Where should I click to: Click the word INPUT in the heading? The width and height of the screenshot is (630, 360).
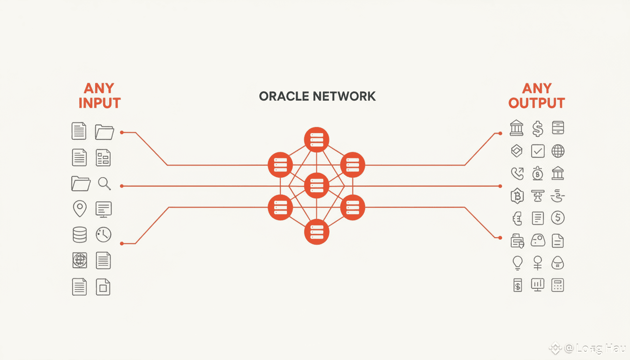(x=99, y=103)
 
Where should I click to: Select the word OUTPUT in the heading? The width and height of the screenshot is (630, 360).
(x=537, y=103)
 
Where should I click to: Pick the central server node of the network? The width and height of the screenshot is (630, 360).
(x=317, y=186)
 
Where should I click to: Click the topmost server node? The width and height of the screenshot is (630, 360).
(x=317, y=140)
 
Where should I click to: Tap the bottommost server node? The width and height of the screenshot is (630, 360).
(x=317, y=232)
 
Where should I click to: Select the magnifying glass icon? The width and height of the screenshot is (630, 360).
(x=104, y=183)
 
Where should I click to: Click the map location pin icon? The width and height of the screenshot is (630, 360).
(x=80, y=209)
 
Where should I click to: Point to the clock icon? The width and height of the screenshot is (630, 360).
(x=103, y=234)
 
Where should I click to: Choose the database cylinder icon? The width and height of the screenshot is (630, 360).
(x=80, y=234)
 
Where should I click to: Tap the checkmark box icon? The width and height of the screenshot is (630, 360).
(x=538, y=151)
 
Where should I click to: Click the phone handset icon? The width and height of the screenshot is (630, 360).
(x=517, y=173)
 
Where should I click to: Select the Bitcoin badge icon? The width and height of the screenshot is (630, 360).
(x=517, y=196)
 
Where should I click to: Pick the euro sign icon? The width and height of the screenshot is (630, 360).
(x=517, y=218)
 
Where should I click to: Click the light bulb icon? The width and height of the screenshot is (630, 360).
(x=517, y=262)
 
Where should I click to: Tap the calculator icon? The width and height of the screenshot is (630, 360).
(x=558, y=285)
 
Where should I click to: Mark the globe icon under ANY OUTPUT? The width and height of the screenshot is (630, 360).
(x=558, y=151)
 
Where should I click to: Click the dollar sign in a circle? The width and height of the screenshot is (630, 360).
(x=558, y=218)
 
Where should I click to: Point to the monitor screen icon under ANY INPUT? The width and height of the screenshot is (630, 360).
(x=103, y=209)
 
